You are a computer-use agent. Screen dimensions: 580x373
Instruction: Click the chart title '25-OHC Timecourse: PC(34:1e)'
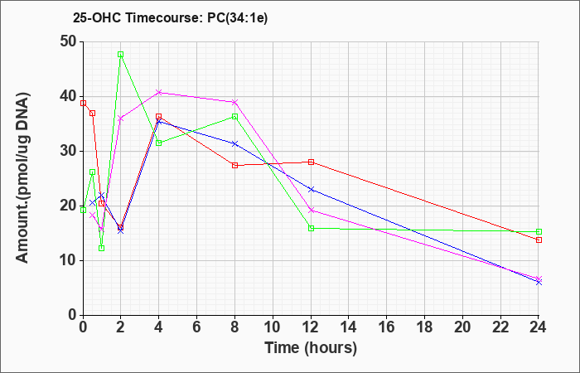[170, 17]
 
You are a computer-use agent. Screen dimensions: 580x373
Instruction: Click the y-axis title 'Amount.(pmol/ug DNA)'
[22, 178]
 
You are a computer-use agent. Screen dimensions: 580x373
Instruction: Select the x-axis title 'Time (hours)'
[311, 348]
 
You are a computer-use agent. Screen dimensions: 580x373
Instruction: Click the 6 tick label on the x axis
[197, 327]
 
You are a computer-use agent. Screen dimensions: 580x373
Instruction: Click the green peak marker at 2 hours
[121, 55]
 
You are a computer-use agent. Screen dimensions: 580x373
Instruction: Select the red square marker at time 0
[83, 104]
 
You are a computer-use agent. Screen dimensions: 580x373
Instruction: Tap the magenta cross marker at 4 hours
[159, 92]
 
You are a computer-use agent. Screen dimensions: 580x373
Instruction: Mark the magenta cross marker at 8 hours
[234, 102]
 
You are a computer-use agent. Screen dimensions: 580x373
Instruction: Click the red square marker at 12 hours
[311, 162]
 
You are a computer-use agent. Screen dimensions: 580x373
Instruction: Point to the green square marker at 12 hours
[311, 228]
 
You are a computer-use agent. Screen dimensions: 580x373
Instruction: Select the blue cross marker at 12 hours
[311, 190]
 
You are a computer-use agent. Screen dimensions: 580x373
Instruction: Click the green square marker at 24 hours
[539, 231]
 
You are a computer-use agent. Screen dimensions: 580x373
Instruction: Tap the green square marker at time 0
[83, 211]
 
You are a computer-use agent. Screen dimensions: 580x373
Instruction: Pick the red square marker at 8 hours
[234, 166]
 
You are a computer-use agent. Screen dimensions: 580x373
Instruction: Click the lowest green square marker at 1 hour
[101, 249]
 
